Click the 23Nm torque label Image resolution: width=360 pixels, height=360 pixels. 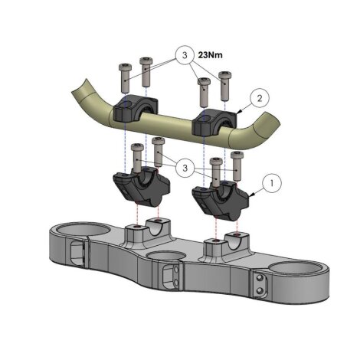tap(210, 55)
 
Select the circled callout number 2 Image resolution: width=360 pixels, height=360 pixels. tap(260, 98)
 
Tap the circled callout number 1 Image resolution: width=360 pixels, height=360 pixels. tap(272, 183)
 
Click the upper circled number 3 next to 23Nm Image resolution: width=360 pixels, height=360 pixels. tap(185, 55)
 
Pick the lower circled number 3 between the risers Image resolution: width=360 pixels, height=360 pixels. tap(185, 168)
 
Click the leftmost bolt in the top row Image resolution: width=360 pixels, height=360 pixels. tap(125, 77)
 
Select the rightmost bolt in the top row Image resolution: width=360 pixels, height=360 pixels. tap(224, 86)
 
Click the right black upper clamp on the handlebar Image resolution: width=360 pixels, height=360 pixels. tap(214, 122)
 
